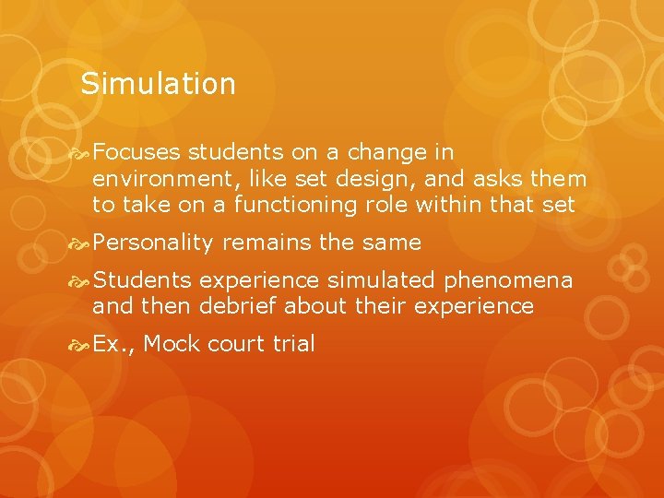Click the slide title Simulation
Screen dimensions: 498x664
pyautogui.click(x=158, y=85)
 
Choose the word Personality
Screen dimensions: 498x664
pyautogui.click(x=153, y=243)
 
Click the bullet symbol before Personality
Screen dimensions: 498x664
pyautogui.click(x=82, y=243)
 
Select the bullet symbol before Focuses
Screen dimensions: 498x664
pyautogui.click(x=82, y=152)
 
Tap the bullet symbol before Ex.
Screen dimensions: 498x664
pyautogui.click(x=82, y=345)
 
